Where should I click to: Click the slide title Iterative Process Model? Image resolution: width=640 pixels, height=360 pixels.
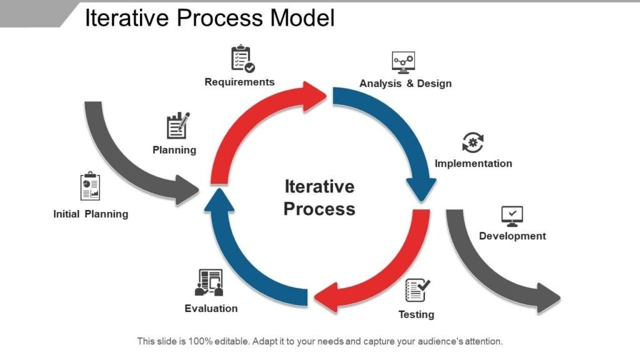pyautogui.click(x=209, y=18)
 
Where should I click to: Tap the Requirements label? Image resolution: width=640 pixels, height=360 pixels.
pyautogui.click(x=239, y=82)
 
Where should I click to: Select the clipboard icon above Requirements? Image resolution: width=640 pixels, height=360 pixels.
pyautogui.click(x=242, y=59)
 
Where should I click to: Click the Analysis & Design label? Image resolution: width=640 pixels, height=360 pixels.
pyautogui.click(x=405, y=83)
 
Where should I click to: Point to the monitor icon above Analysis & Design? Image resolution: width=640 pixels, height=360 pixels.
pyautogui.click(x=403, y=62)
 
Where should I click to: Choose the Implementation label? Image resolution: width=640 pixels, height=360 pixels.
pyautogui.click(x=473, y=163)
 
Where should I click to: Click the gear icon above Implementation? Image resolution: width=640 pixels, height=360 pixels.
pyautogui.click(x=473, y=142)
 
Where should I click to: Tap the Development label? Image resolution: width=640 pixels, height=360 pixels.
pyautogui.click(x=512, y=236)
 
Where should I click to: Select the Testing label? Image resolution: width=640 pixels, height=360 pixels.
pyautogui.click(x=416, y=314)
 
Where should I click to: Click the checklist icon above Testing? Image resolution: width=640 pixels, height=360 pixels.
pyautogui.click(x=417, y=291)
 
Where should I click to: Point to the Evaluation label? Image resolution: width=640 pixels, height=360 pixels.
pyautogui.click(x=211, y=308)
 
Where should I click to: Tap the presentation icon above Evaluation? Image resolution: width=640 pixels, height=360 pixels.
pyautogui.click(x=210, y=282)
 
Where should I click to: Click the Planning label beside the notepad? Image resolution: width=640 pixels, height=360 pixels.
pyautogui.click(x=174, y=150)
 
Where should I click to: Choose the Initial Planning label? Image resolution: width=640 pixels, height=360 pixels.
pyautogui.click(x=91, y=214)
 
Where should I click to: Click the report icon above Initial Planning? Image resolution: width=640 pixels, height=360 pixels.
pyautogui.click(x=91, y=187)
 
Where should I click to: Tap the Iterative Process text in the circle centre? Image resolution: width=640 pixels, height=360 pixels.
pyautogui.click(x=319, y=197)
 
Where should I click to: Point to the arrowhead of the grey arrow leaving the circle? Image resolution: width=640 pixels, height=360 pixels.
pyautogui.click(x=548, y=298)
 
